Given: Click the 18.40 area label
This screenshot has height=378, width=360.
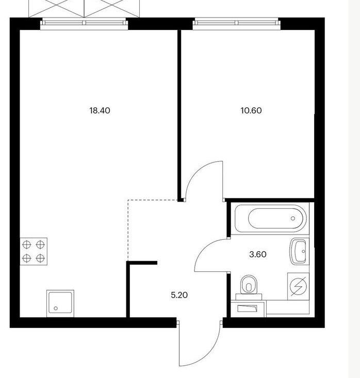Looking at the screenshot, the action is point(100,111).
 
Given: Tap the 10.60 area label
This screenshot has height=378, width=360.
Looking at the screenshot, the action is point(251,111).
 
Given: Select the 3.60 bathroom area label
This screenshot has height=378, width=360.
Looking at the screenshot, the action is point(258,254).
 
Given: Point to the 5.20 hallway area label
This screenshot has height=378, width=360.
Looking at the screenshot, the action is point(179,295).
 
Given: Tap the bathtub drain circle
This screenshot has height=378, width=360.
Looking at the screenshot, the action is point(293,219).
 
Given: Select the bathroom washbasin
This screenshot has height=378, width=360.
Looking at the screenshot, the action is point(299,251).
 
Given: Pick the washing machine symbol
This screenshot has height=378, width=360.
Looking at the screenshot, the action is point(298,286).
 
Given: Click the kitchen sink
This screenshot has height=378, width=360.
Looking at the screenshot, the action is point(60,303).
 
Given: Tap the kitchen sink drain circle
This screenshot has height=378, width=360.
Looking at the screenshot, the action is point(56,308).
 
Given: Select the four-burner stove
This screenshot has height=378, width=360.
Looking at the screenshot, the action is point(34,252).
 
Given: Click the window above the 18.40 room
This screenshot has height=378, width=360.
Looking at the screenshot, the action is point(84,23).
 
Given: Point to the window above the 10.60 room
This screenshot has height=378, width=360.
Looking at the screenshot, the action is point(237,23).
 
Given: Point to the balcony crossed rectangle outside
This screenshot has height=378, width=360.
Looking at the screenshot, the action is point(84,8).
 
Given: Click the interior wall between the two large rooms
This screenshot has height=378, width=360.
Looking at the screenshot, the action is point(179,115).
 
